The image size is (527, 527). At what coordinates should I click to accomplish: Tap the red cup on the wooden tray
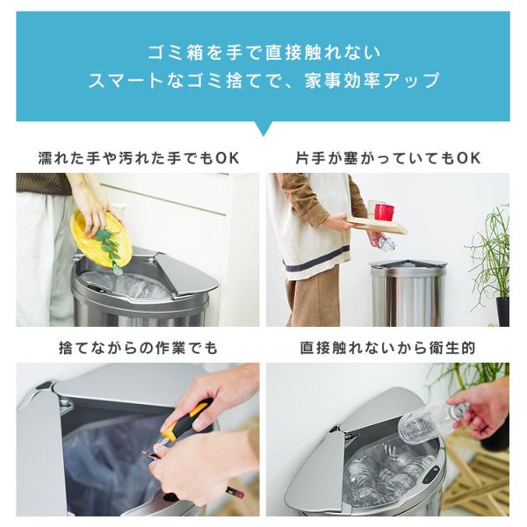(x=385, y=212)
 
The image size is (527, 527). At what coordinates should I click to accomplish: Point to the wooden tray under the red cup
(x=377, y=225)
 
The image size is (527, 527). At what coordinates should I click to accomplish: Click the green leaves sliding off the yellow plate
(x=109, y=248)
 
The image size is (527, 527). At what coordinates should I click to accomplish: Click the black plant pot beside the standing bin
(x=502, y=311)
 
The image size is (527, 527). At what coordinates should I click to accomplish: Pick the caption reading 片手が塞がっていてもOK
(x=388, y=158)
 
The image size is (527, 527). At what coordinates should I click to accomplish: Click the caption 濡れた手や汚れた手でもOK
(x=139, y=158)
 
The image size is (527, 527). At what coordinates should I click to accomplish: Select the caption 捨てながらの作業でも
(x=138, y=348)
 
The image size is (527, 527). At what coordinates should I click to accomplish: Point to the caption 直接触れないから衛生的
(x=387, y=348)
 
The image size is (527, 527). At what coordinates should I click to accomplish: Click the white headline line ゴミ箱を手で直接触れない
(x=264, y=53)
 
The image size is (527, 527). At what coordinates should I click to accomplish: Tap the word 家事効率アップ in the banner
(x=372, y=81)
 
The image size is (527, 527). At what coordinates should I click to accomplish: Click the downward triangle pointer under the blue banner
(x=263, y=128)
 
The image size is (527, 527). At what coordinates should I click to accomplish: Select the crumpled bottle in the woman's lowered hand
(x=386, y=243)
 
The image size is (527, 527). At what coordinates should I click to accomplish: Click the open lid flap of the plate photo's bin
(x=185, y=273)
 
